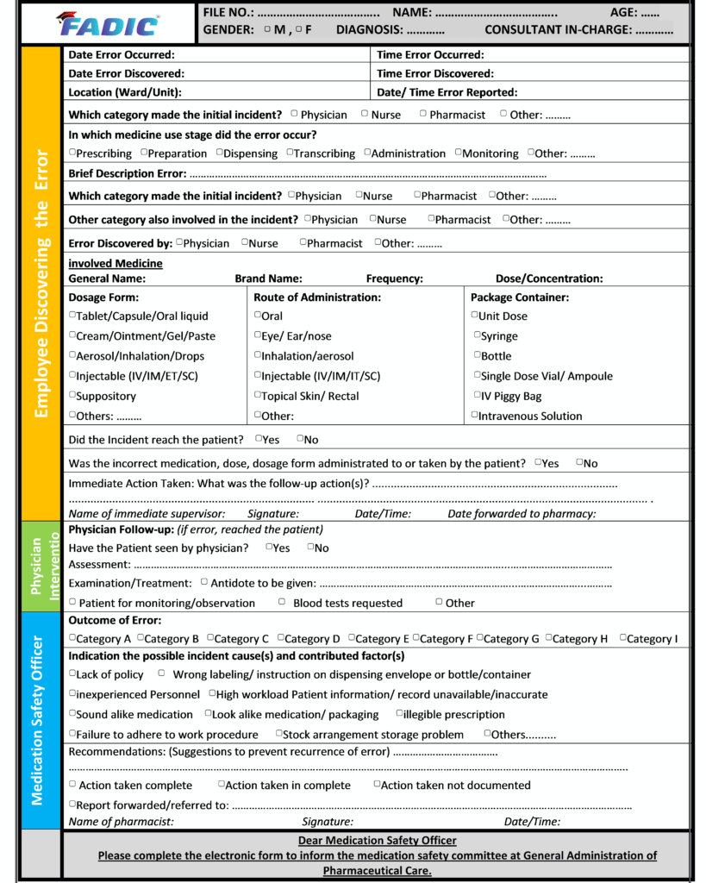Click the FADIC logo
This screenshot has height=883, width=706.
107,23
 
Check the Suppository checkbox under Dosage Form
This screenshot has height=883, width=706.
72,396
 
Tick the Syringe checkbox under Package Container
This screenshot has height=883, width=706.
477,335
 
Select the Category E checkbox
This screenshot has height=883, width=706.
352,638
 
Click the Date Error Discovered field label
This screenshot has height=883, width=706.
126,73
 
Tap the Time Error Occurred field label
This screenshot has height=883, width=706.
429,54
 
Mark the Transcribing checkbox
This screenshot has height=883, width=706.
290,153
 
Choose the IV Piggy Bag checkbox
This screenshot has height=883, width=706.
477,395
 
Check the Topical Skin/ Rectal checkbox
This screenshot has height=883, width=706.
258,395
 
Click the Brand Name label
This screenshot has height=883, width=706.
268,279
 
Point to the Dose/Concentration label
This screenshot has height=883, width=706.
549,279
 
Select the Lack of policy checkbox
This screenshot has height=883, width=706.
72,673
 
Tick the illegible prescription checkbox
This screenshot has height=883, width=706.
399,713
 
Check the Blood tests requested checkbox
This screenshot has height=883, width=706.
282,602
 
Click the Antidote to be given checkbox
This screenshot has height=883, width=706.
204,582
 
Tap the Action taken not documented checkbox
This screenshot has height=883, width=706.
377,784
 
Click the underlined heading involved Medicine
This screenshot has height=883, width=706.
115,263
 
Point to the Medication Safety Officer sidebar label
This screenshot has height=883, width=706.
37,720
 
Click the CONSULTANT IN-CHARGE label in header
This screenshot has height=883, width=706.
558,29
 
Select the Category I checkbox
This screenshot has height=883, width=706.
622,638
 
